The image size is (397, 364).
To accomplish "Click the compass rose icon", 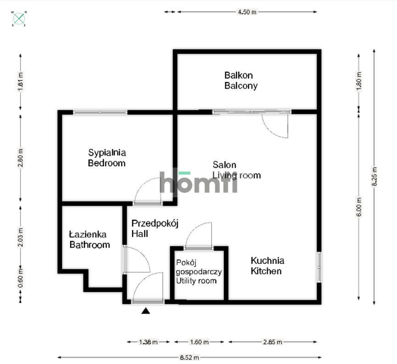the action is coord(19,18).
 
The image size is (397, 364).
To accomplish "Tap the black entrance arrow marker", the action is coord(145,311).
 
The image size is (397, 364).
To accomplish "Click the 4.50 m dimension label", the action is coord(247,12).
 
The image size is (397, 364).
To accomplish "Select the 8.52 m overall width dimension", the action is coord(190,358).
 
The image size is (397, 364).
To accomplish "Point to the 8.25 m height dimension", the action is coord(375,177).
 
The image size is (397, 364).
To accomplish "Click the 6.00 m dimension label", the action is coord(359,207).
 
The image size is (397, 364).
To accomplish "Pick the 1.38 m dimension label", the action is coord(148,342).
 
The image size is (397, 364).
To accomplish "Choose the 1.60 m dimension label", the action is coord(200,342).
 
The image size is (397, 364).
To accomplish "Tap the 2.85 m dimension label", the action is coord(273,342).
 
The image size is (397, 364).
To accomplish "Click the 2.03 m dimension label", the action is coord(21,237).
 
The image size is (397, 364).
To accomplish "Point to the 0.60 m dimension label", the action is coord(21,278).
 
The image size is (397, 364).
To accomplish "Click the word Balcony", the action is coord(241,86).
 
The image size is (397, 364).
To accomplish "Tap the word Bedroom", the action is coord(106,163).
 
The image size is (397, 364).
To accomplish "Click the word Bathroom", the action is coord(89,245).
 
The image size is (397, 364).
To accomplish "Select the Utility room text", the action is coord(196,280).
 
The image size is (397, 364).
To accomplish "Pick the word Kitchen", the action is coord(266,271).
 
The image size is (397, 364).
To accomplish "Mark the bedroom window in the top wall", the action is coord(100,112).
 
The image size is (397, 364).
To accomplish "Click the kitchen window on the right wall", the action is coord(319,267).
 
